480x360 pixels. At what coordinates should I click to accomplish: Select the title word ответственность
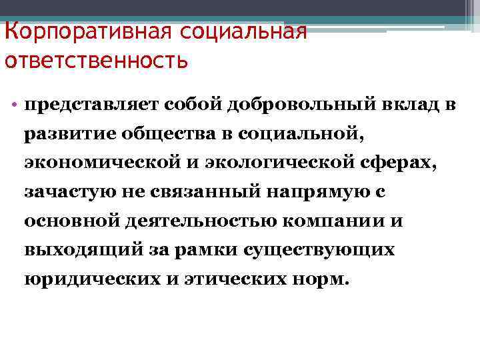coord(96,61)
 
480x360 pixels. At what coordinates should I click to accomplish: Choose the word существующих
coord(319,250)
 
